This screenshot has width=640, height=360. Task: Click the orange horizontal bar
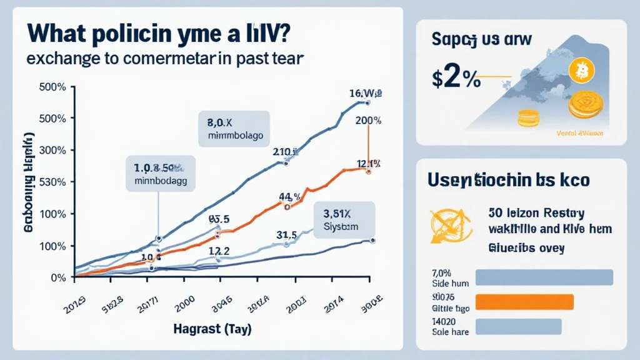coord(524,302)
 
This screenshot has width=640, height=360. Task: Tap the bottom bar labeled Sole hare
coord(519,326)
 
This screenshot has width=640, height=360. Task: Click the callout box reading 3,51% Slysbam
coord(343,220)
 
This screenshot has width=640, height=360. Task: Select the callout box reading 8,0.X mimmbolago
coord(234,129)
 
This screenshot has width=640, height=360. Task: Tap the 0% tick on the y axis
coord(58,277)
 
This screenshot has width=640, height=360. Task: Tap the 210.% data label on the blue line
coord(285,151)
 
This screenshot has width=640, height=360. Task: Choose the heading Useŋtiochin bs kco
coord(508,181)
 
